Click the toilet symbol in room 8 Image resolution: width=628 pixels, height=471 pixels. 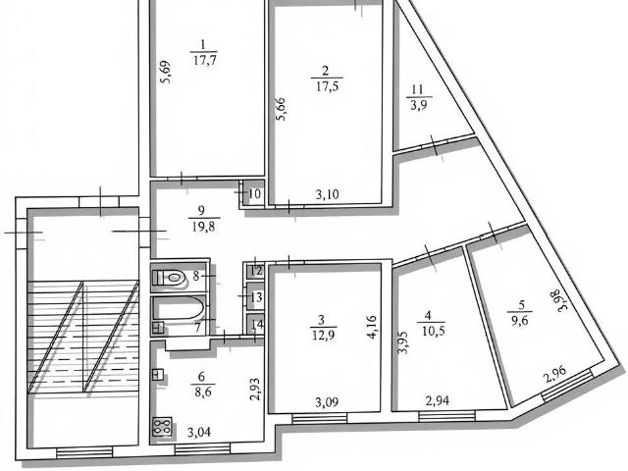170,277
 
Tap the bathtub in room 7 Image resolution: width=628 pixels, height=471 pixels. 179,307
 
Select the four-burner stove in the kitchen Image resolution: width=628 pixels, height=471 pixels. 162,427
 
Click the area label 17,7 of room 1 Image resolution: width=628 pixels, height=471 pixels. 205,61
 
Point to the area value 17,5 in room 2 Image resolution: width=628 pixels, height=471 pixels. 327,86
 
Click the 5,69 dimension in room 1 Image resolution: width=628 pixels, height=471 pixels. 165,72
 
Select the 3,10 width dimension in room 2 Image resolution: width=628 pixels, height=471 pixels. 327,194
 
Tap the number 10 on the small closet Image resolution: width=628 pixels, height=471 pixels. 254,194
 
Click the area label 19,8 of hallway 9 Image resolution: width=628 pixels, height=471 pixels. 203,227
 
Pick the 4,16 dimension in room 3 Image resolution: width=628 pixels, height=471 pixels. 372,327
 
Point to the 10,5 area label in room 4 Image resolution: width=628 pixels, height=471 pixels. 434,332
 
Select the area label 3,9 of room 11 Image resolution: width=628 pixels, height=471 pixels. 419,106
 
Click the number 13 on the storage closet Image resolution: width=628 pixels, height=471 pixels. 256,297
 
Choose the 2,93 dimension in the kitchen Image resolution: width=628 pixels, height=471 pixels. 255,390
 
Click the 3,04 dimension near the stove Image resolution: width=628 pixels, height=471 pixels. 199,432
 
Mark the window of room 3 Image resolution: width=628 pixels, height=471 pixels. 319,419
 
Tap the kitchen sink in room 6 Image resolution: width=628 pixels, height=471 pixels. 158,375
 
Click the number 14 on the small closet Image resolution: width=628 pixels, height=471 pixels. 257,324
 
